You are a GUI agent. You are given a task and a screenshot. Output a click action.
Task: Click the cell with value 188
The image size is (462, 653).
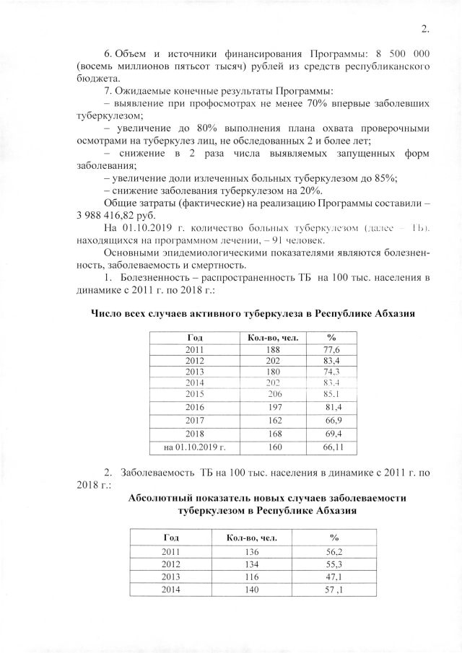pyautogui.click(x=273, y=349)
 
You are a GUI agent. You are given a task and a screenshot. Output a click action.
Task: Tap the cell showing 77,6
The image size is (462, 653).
pyautogui.click(x=332, y=349)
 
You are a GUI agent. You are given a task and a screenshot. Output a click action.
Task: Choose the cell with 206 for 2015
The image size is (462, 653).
pyautogui.click(x=273, y=394)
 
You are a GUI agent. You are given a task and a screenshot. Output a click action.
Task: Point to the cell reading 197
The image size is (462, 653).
pyautogui.click(x=273, y=409)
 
